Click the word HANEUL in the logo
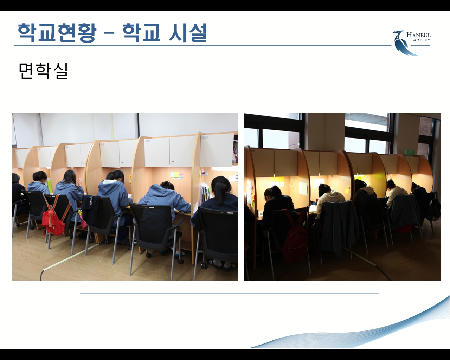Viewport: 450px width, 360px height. tap(418, 35)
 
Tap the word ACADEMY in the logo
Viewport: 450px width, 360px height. tap(422, 40)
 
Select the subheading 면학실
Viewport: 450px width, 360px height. tap(43, 71)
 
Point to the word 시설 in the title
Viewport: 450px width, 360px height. tap(188, 33)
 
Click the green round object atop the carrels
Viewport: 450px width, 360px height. tap(409, 153)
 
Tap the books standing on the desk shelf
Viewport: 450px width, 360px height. tap(205, 193)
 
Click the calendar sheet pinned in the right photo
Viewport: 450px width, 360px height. tap(303, 188)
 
